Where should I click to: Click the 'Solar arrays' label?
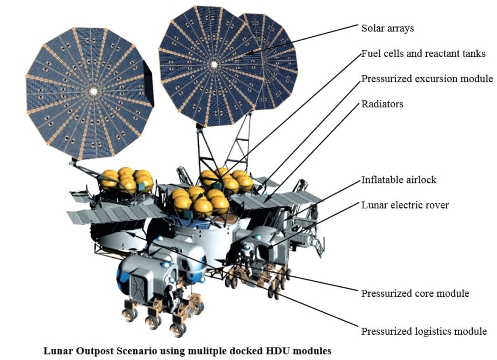point(387,28)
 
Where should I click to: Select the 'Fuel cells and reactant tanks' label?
point(423,53)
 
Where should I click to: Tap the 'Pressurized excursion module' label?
point(427,79)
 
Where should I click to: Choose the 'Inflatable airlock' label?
point(399,180)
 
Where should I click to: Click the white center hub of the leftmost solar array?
point(93,91)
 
